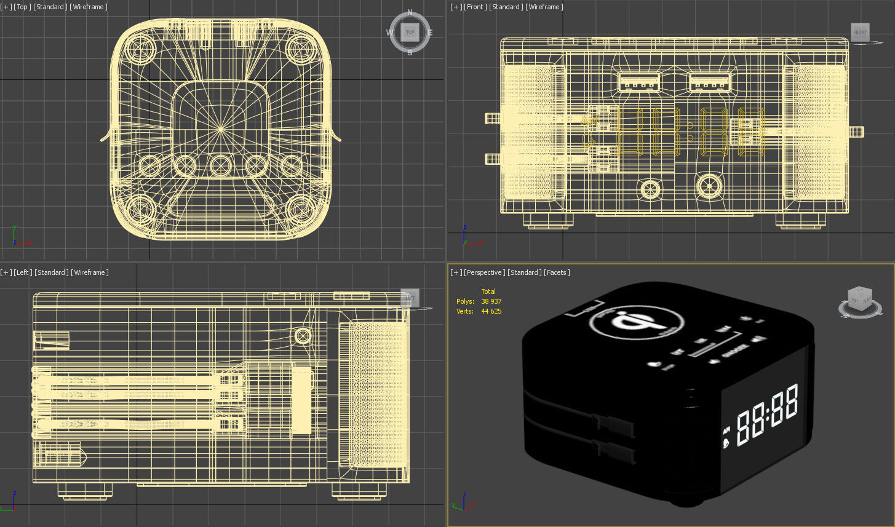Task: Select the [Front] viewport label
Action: click(475, 7)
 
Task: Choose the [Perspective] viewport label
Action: click(484, 272)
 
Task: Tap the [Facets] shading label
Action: click(557, 272)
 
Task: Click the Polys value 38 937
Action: click(491, 301)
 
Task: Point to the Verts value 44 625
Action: click(491, 311)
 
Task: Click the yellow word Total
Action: click(488, 291)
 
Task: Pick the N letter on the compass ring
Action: click(410, 12)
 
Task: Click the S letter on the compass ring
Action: click(410, 53)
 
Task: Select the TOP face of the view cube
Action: click(410, 32)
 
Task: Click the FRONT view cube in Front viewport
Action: click(860, 32)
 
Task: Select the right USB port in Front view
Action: click(710, 82)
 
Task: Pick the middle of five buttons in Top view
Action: click(220, 165)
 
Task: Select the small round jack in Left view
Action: click(303, 336)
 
